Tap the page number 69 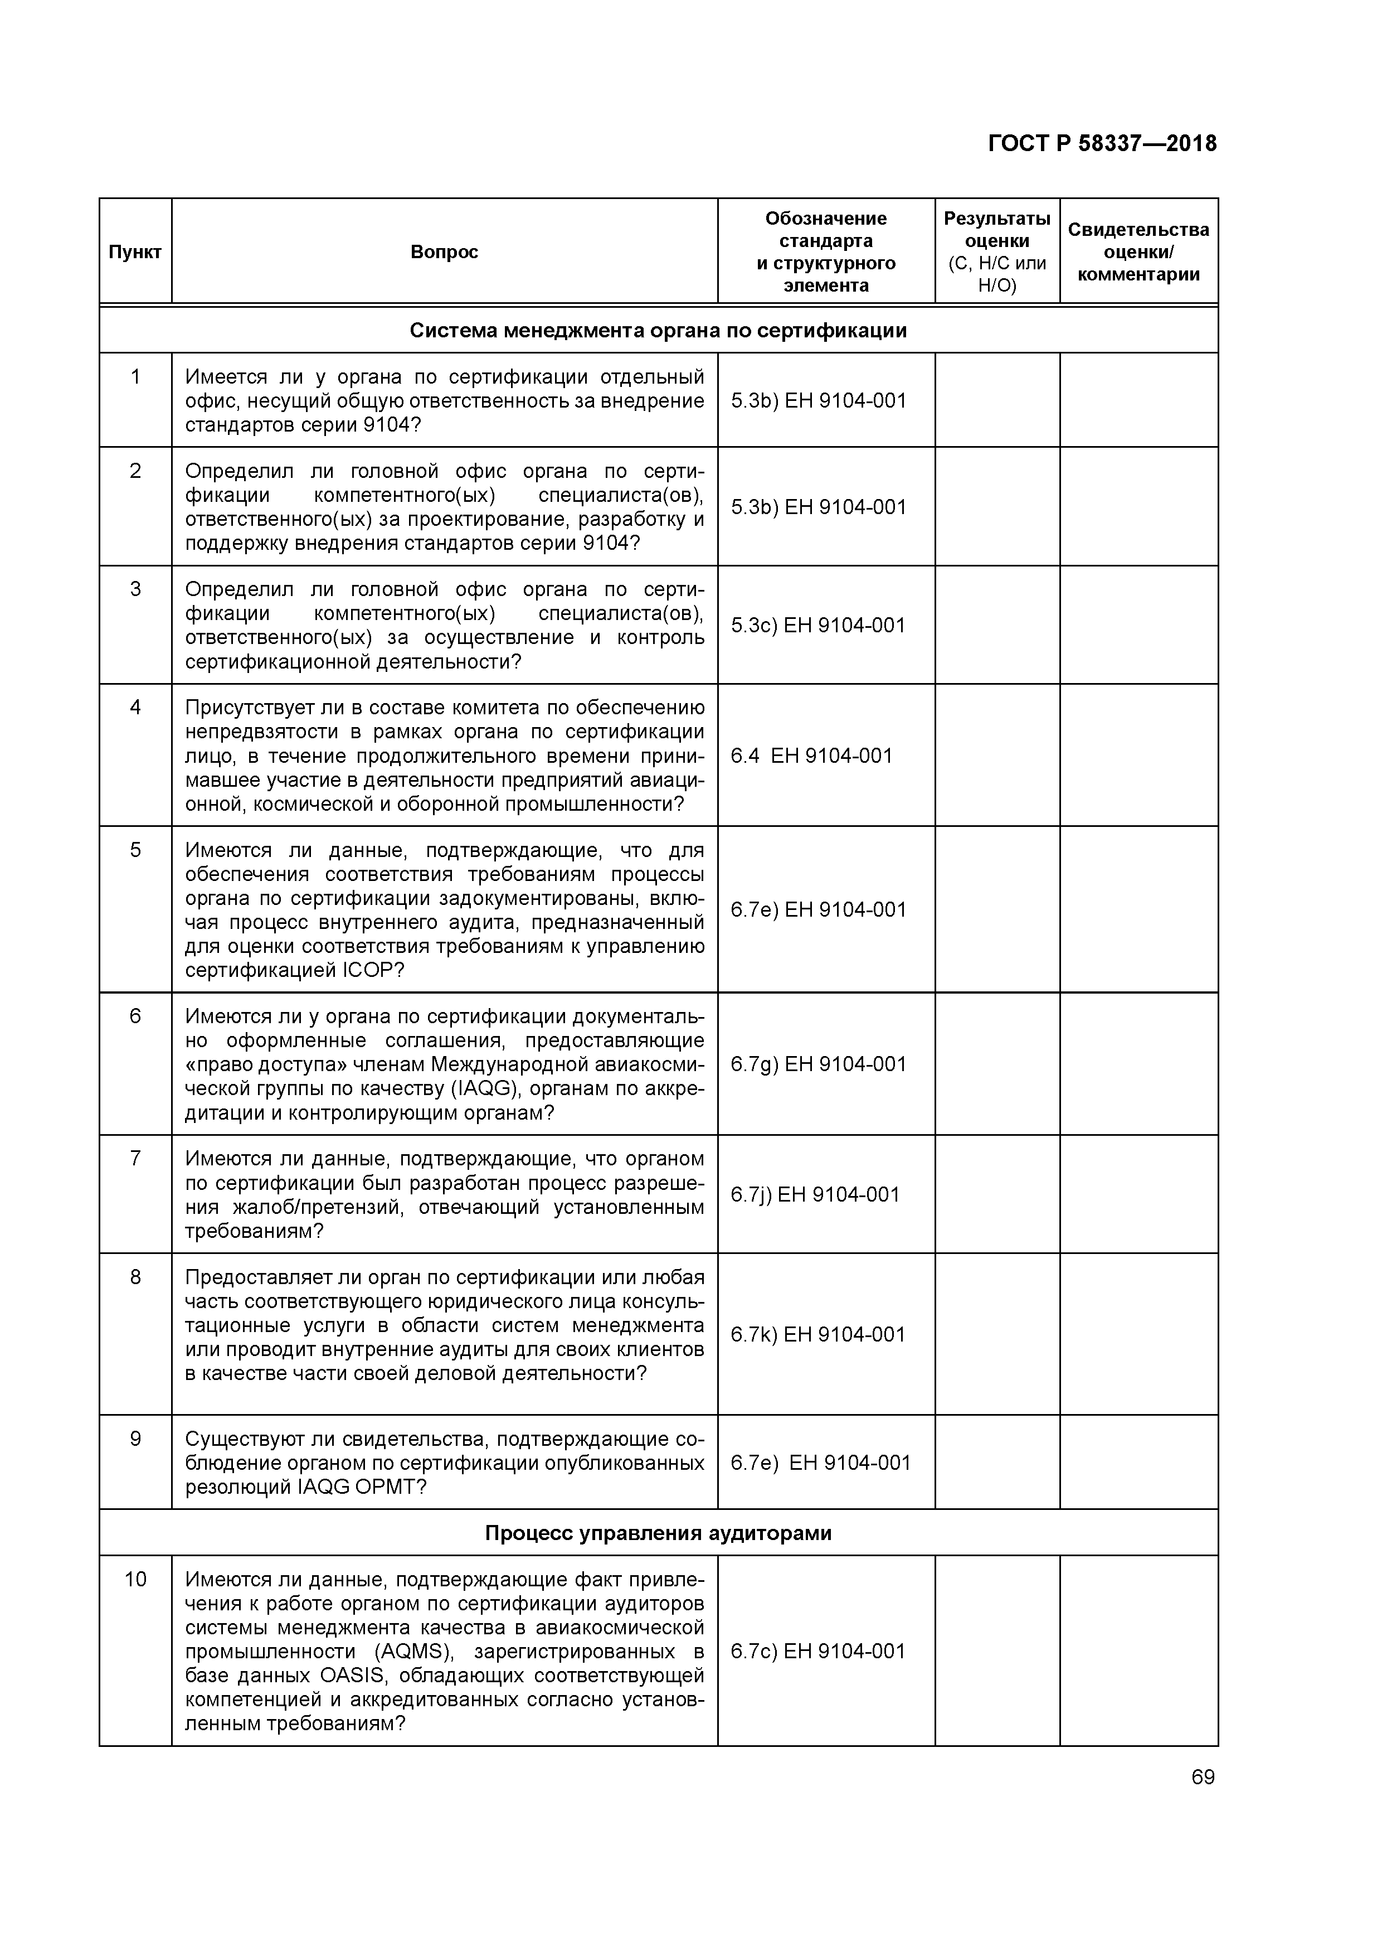click(x=1203, y=1777)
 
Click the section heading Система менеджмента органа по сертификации click(x=658, y=331)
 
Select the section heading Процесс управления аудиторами click(x=658, y=1533)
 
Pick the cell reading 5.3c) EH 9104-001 click(x=817, y=625)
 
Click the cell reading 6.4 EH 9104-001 click(x=811, y=756)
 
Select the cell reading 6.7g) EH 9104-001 click(x=817, y=1064)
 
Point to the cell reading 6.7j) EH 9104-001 click(x=814, y=1194)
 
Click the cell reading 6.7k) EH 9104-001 click(x=817, y=1334)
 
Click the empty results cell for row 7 click(x=996, y=1194)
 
